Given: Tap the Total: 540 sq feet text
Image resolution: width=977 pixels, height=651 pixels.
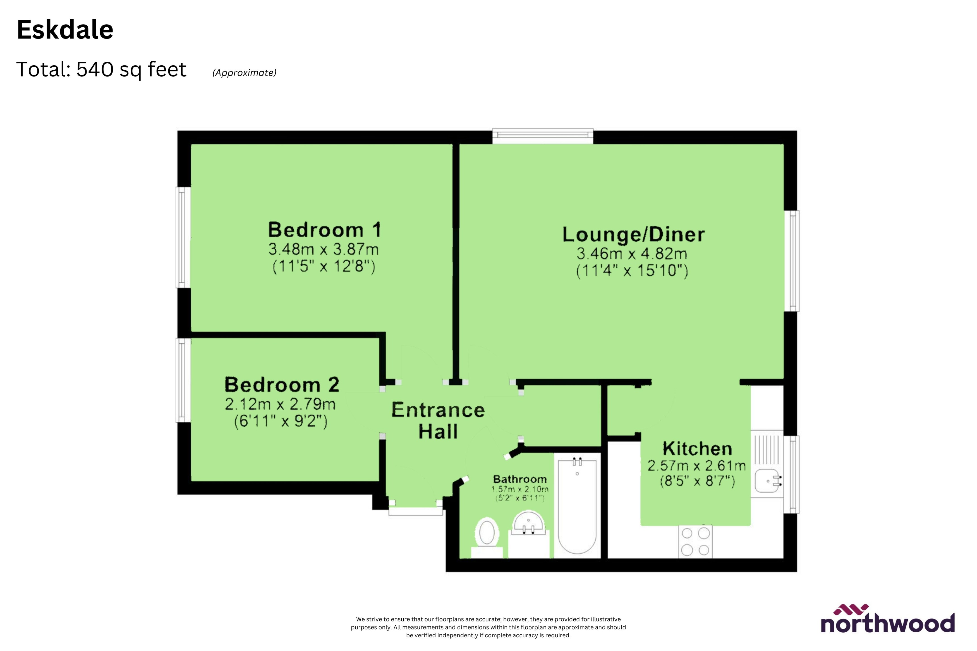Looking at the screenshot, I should [x=101, y=69].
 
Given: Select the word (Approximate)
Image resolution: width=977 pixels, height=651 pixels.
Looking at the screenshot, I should [x=244, y=73].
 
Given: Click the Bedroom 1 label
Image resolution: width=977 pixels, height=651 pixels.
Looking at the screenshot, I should [x=324, y=230].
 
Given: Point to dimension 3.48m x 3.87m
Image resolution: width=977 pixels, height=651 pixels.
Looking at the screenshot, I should [x=323, y=249].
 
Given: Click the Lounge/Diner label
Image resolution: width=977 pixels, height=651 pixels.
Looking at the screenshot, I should [x=633, y=235].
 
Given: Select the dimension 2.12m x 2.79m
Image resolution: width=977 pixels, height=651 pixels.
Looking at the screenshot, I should [x=280, y=404].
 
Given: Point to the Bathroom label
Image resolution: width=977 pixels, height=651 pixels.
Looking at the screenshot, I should [x=520, y=479].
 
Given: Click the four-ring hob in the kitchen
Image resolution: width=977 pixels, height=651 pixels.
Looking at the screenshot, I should [x=695, y=541].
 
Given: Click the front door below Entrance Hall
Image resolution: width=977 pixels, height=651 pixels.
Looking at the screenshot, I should [x=415, y=511].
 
